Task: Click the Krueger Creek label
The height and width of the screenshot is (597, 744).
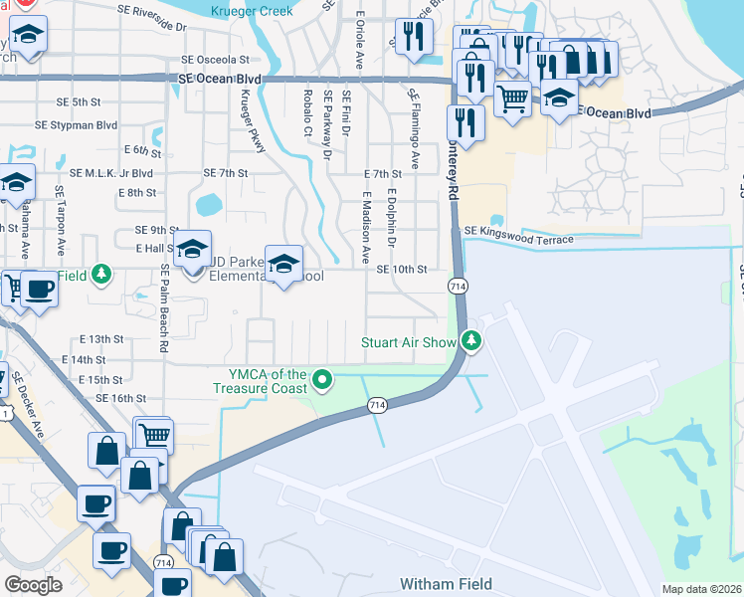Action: (x=253, y=11)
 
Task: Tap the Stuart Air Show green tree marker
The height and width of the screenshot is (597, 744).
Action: (x=471, y=342)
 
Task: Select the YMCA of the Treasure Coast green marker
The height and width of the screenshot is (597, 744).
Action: (x=321, y=379)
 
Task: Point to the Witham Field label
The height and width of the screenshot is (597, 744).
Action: (x=446, y=584)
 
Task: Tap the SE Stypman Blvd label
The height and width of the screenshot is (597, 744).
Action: (x=76, y=125)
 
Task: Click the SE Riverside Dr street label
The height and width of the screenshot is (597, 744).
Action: (x=142, y=28)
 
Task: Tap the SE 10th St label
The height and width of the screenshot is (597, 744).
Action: (x=401, y=270)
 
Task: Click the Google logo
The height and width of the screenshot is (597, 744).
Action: (x=33, y=584)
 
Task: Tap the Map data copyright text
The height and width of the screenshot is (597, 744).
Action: (x=702, y=589)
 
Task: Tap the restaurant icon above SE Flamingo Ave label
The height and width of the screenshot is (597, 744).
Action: (x=410, y=36)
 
